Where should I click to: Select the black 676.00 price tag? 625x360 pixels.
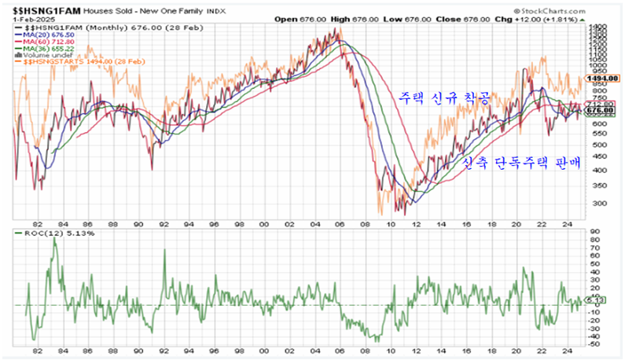[x=603, y=112]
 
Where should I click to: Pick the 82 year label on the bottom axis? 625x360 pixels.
[x=37, y=352]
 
